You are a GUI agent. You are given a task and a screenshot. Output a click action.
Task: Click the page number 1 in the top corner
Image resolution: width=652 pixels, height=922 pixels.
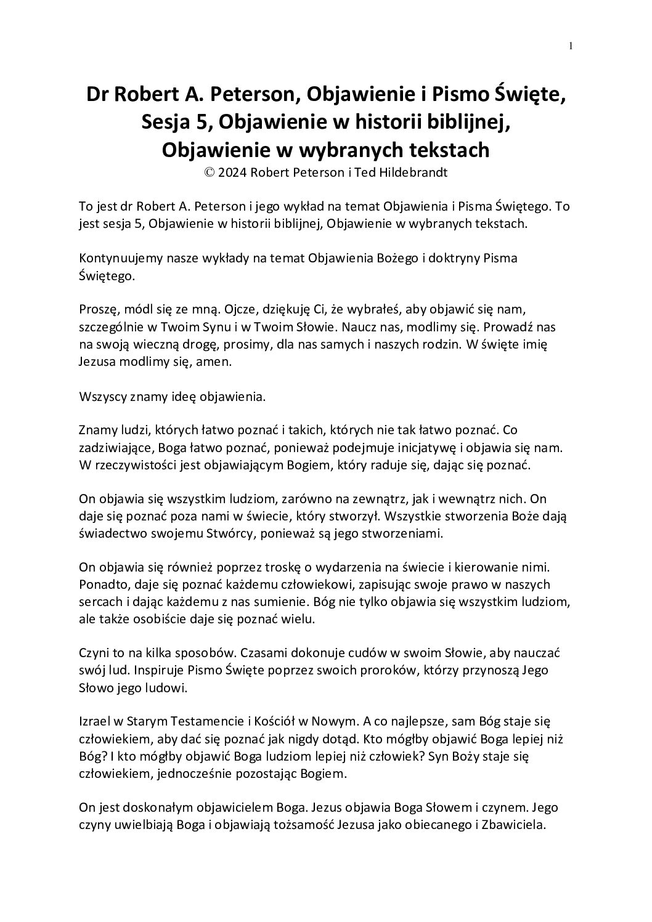click(x=571, y=45)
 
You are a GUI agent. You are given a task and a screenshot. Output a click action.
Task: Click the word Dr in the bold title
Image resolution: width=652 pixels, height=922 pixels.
click(x=99, y=95)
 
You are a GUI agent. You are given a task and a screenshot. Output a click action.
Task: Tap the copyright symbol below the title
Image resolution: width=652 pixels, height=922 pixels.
click(x=211, y=172)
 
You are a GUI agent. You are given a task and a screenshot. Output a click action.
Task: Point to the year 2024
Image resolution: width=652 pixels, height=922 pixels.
click(x=234, y=172)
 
